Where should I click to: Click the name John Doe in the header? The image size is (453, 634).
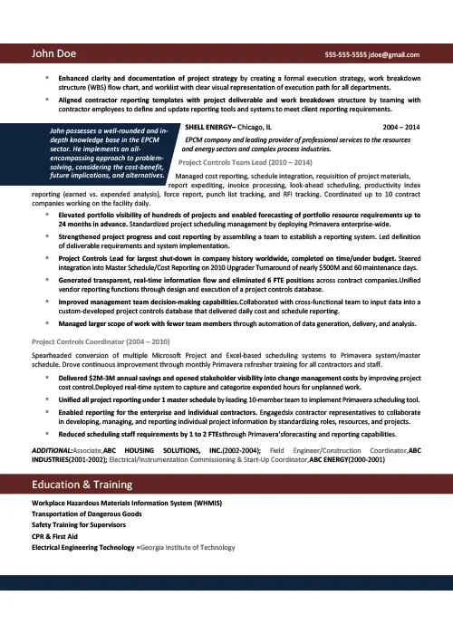tap(56, 54)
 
